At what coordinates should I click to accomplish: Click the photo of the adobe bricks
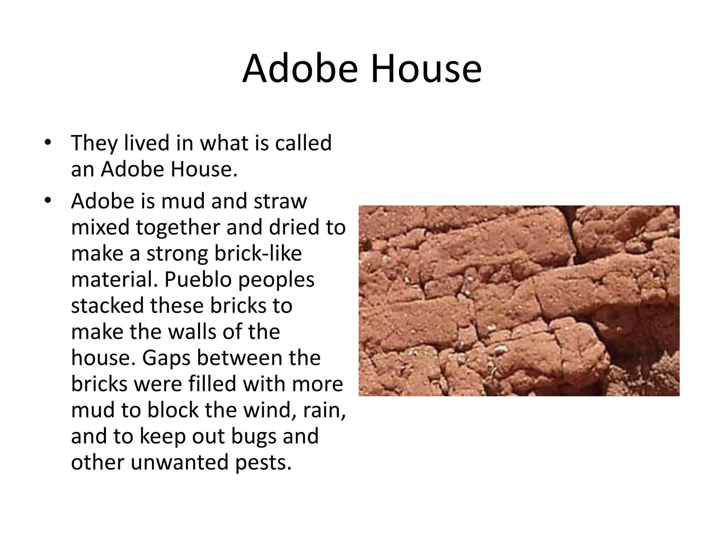tap(519, 300)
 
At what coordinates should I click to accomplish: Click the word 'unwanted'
tap(179, 463)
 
